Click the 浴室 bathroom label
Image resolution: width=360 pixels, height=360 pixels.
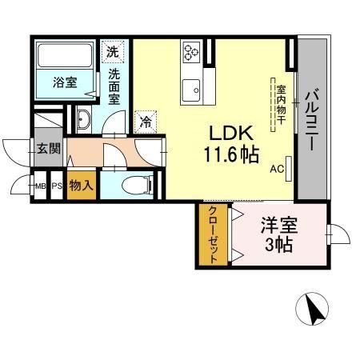[65, 81]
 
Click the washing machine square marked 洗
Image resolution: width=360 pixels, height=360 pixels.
[114, 50]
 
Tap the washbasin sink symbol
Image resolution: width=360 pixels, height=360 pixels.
[84, 120]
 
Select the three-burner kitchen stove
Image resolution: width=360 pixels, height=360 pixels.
[192, 52]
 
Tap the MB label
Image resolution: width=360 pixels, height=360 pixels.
[40, 187]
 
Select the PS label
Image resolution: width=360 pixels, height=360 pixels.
[58, 187]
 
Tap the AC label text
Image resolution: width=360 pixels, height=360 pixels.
[277, 170]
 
